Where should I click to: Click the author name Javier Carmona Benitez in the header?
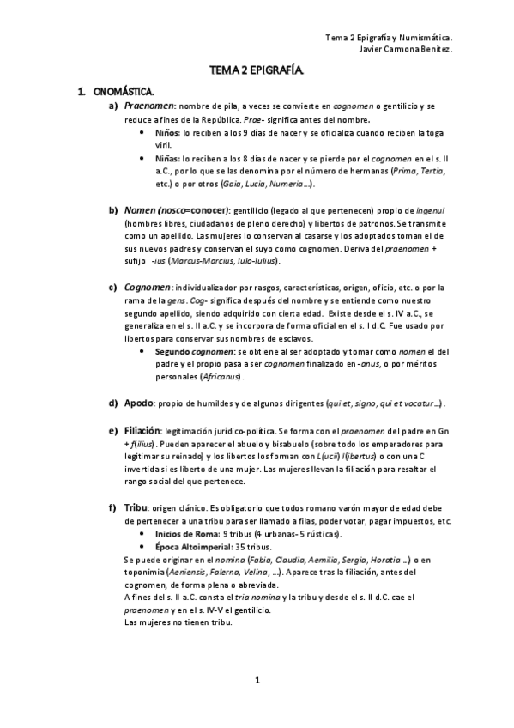click(402, 49)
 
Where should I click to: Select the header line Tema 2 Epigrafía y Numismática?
click(390, 38)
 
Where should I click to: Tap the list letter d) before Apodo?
click(112, 403)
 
